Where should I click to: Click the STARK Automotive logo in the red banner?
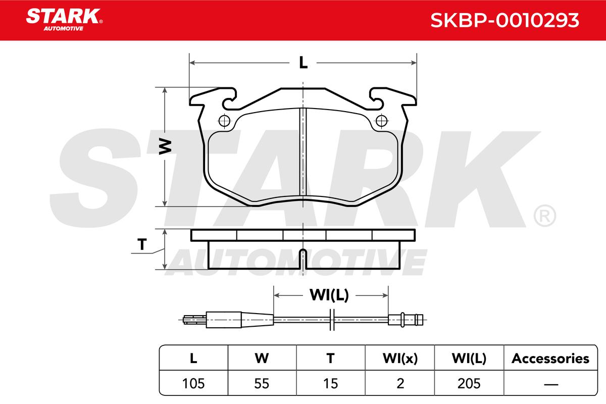65,20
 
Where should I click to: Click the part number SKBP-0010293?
504,21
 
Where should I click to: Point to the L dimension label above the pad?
304,63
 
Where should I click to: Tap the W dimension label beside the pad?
165,146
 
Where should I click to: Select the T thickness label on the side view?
142,244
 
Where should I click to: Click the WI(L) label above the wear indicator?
329,295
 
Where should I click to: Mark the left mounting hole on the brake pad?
224,121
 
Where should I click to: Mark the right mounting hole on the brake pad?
381,121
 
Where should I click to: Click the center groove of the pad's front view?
303,151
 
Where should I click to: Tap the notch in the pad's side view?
304,259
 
